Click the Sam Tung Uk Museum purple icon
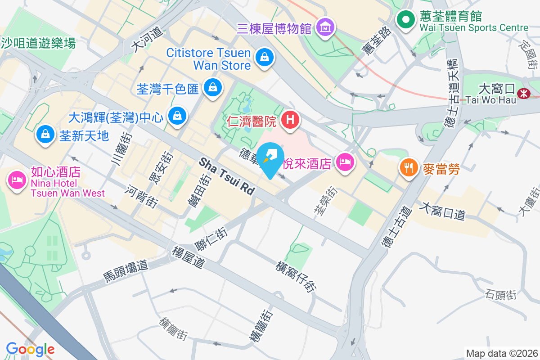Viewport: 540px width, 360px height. (325, 28)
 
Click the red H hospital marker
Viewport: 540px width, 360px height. (290, 120)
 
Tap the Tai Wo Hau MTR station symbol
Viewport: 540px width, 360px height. (523, 94)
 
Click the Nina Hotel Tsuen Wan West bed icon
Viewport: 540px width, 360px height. (17, 180)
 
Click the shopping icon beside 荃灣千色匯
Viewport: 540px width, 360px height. (211, 87)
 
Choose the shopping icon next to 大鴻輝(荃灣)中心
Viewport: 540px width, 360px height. (177, 116)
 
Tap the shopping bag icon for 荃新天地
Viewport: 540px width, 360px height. (45, 134)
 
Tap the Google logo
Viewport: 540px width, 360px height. (30, 349)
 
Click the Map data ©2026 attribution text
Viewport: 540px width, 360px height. (501, 353)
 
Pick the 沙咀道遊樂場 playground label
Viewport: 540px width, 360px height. (38, 43)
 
